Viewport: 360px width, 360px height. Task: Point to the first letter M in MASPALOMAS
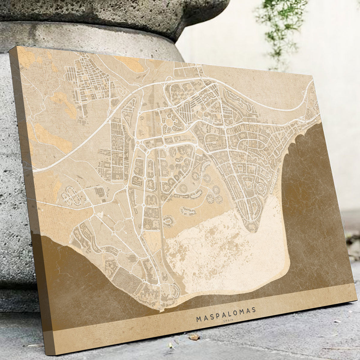coord(199,319)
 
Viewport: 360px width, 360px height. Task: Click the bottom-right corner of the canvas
coord(354,304)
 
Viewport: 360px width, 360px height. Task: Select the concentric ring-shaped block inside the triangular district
coord(260,189)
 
